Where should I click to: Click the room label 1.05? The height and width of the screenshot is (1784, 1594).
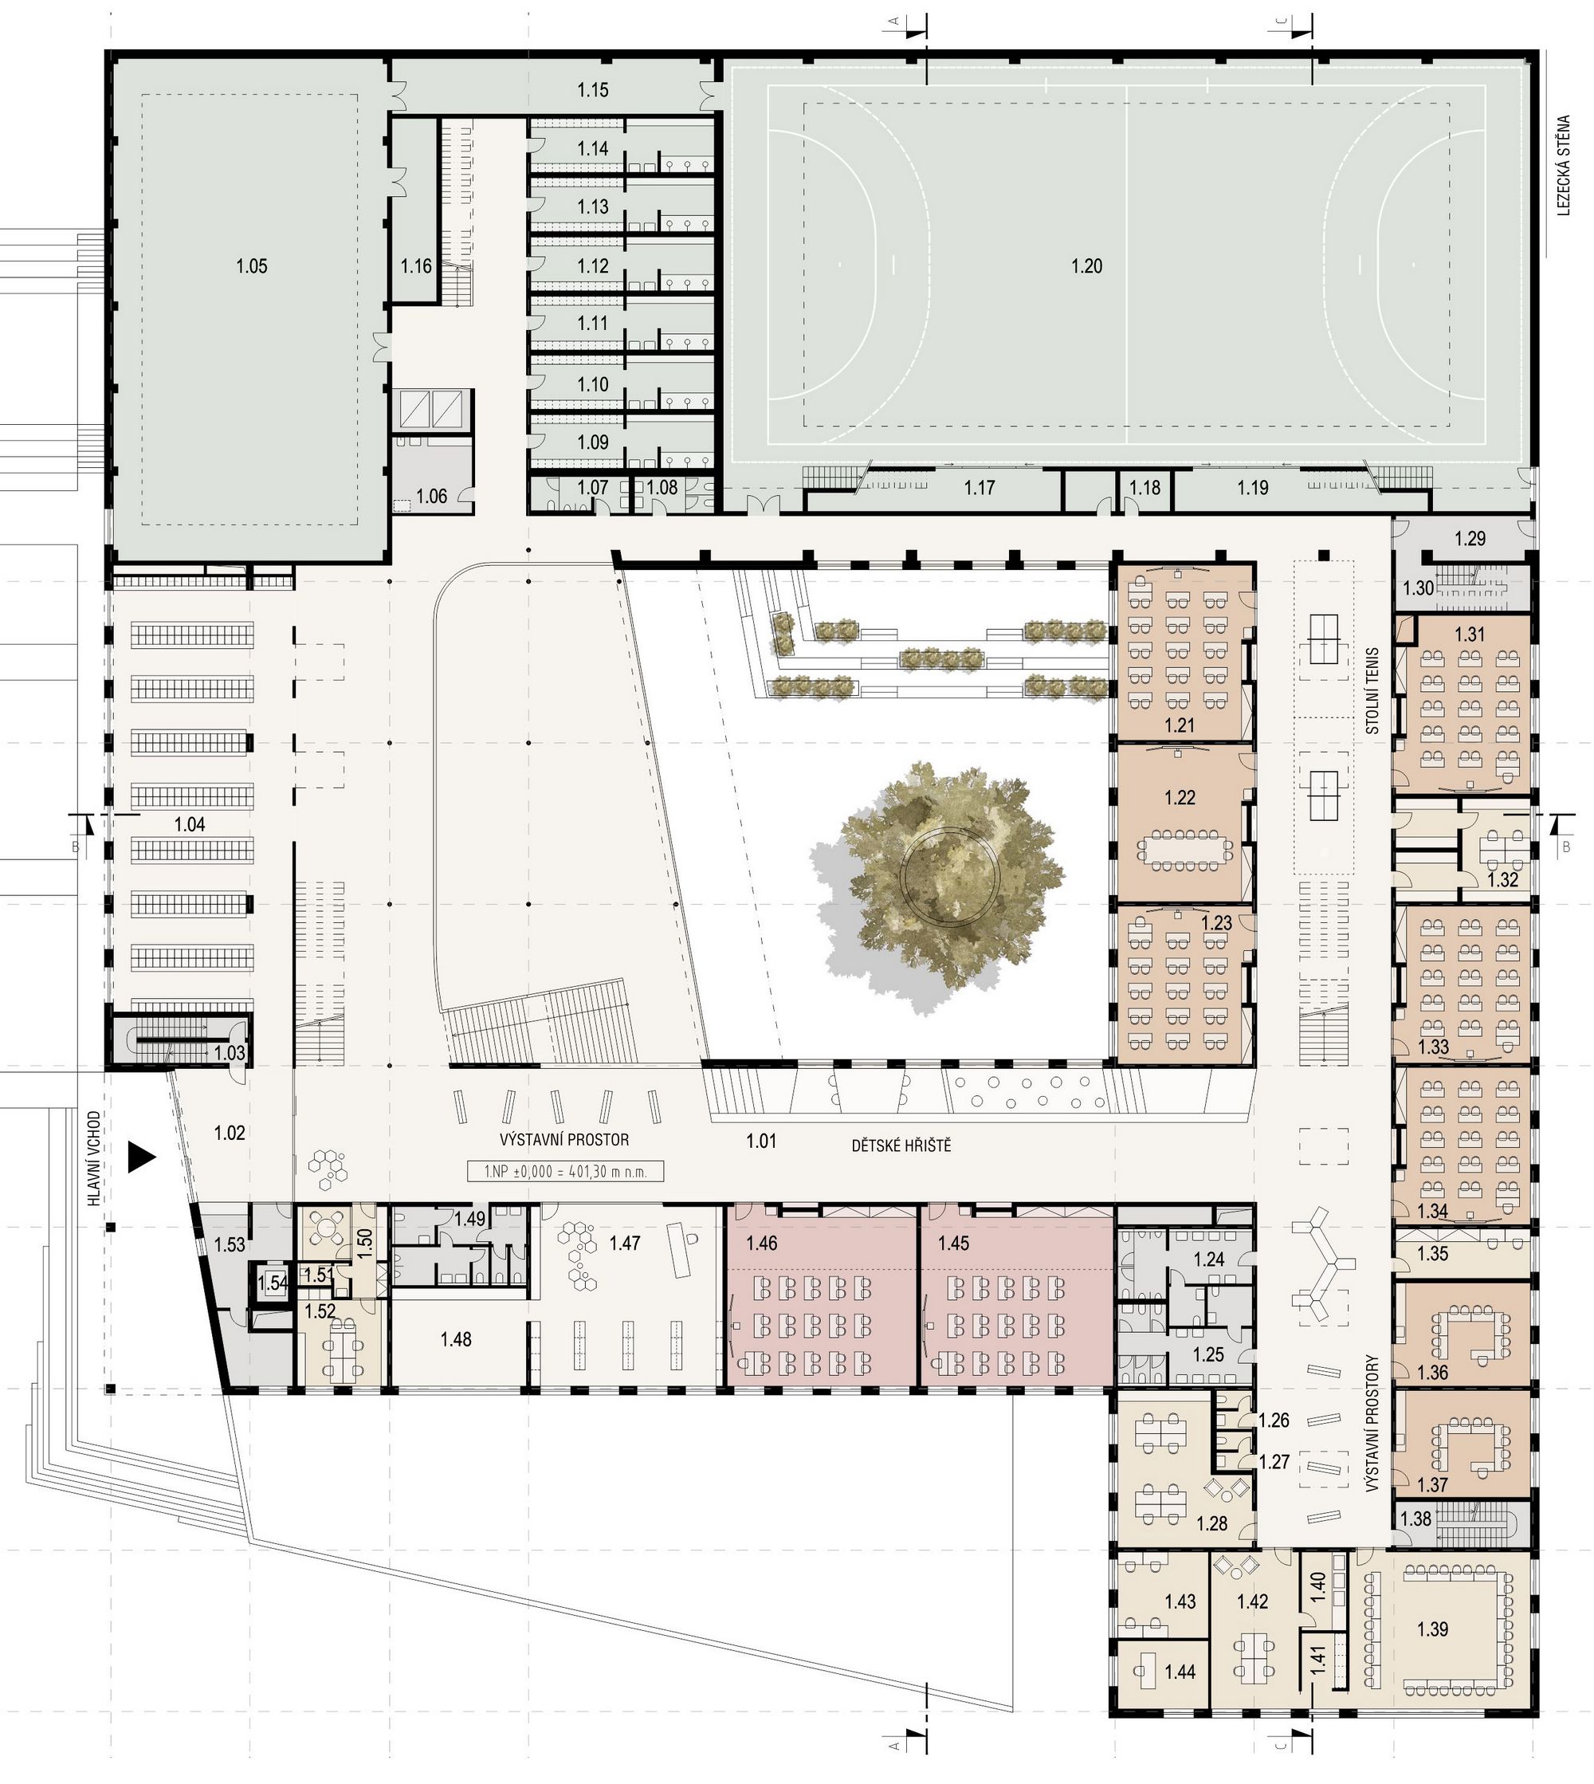click(x=251, y=266)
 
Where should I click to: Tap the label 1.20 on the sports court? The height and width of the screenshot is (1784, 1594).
click(x=1087, y=266)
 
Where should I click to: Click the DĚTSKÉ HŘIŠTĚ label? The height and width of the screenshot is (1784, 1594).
click(x=901, y=1145)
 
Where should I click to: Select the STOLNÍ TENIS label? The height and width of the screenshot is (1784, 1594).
click(x=1372, y=690)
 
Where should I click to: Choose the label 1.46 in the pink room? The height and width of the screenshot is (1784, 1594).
click(x=762, y=1243)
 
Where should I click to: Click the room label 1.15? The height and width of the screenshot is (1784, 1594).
click(x=593, y=89)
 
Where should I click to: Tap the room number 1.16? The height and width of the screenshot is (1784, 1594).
click(x=417, y=266)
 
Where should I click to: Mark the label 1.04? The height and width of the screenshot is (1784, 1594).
click(x=190, y=824)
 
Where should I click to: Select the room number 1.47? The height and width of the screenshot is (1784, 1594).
click(x=626, y=1243)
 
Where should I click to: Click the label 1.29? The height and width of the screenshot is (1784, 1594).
click(x=1470, y=539)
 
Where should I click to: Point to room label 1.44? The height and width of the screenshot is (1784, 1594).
click(x=1180, y=1696)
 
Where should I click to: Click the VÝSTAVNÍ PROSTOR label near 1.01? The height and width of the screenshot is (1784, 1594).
click(x=564, y=1140)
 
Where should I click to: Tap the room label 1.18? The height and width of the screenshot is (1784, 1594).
click(x=1144, y=488)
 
